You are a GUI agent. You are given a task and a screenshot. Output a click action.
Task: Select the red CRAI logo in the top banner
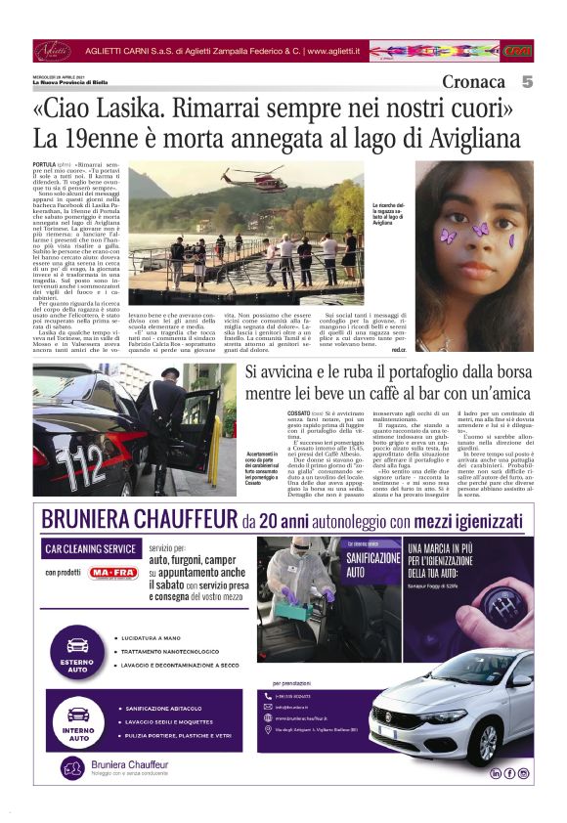point(518,51)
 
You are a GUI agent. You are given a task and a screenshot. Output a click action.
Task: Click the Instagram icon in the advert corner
point(524,773)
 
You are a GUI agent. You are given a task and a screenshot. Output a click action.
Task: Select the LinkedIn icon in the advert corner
point(496,773)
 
